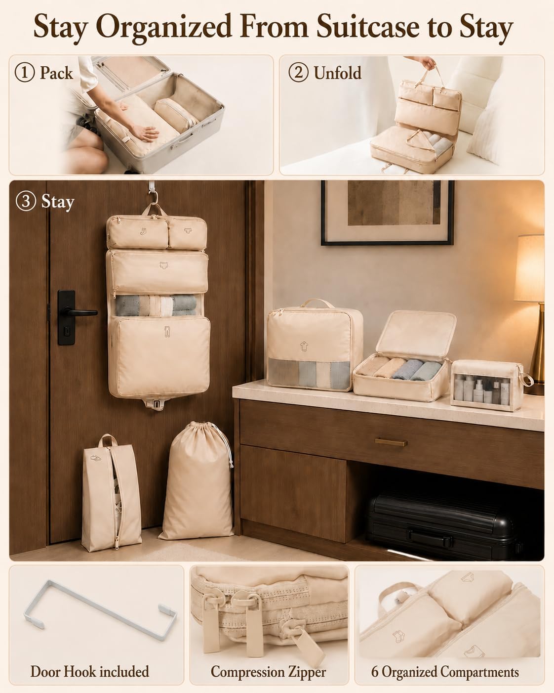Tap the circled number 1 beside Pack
25,73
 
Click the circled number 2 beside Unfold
298,73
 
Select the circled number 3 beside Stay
25,202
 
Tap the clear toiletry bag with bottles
488,385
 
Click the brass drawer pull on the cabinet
391,442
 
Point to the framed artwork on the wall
387,213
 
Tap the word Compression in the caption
247,672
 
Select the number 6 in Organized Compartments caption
375,672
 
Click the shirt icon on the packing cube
304,346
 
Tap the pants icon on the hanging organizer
166,331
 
